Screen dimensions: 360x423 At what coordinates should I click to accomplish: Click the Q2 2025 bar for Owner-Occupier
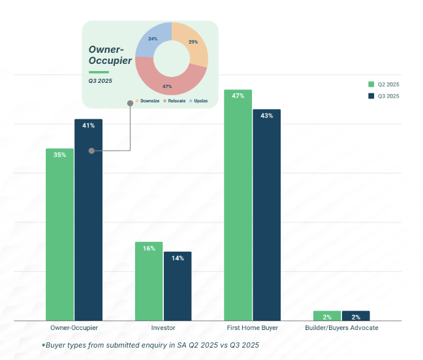59,235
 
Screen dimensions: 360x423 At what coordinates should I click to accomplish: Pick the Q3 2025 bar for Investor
178,287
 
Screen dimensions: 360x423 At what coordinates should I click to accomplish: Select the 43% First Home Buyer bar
266,215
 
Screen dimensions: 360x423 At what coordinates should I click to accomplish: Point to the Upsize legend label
199,101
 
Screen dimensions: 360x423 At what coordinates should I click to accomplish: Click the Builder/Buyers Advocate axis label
341,327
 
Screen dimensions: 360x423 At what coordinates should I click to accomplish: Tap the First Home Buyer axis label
253,327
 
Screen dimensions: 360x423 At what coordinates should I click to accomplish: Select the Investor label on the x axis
163,327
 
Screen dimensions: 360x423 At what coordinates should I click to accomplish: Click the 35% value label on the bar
59,155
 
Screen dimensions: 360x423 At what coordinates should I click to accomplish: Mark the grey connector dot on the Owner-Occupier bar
91,151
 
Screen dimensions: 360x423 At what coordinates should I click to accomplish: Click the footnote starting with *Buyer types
154,345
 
